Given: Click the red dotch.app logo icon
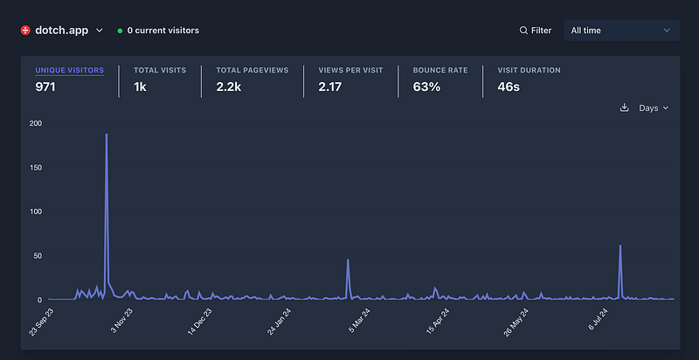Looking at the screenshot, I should coord(25,30).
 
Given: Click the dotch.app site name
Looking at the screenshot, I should coord(61,30).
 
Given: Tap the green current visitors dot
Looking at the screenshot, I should coord(120,31).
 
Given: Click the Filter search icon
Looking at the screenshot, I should coord(523,31).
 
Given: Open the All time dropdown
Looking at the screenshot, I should coord(620,31).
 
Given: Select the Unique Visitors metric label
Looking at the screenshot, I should coord(69,70).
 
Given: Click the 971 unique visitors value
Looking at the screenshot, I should coord(45,87).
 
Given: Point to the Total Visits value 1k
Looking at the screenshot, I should coord(141,87).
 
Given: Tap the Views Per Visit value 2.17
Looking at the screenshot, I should coord(329,87).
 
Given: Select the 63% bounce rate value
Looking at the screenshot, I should coord(426,87).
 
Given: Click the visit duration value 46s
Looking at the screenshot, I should coord(509,87).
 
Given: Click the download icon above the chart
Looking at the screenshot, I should coord(624,108).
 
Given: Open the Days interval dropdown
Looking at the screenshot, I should coord(654,108).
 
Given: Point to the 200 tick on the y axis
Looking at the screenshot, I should coord(36,123).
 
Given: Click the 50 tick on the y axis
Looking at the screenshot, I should coord(38,255).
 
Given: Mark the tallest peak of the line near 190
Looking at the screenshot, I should coord(107,135).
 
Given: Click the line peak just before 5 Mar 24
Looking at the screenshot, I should coord(348,260).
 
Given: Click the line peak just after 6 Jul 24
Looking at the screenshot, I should coord(620,246).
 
